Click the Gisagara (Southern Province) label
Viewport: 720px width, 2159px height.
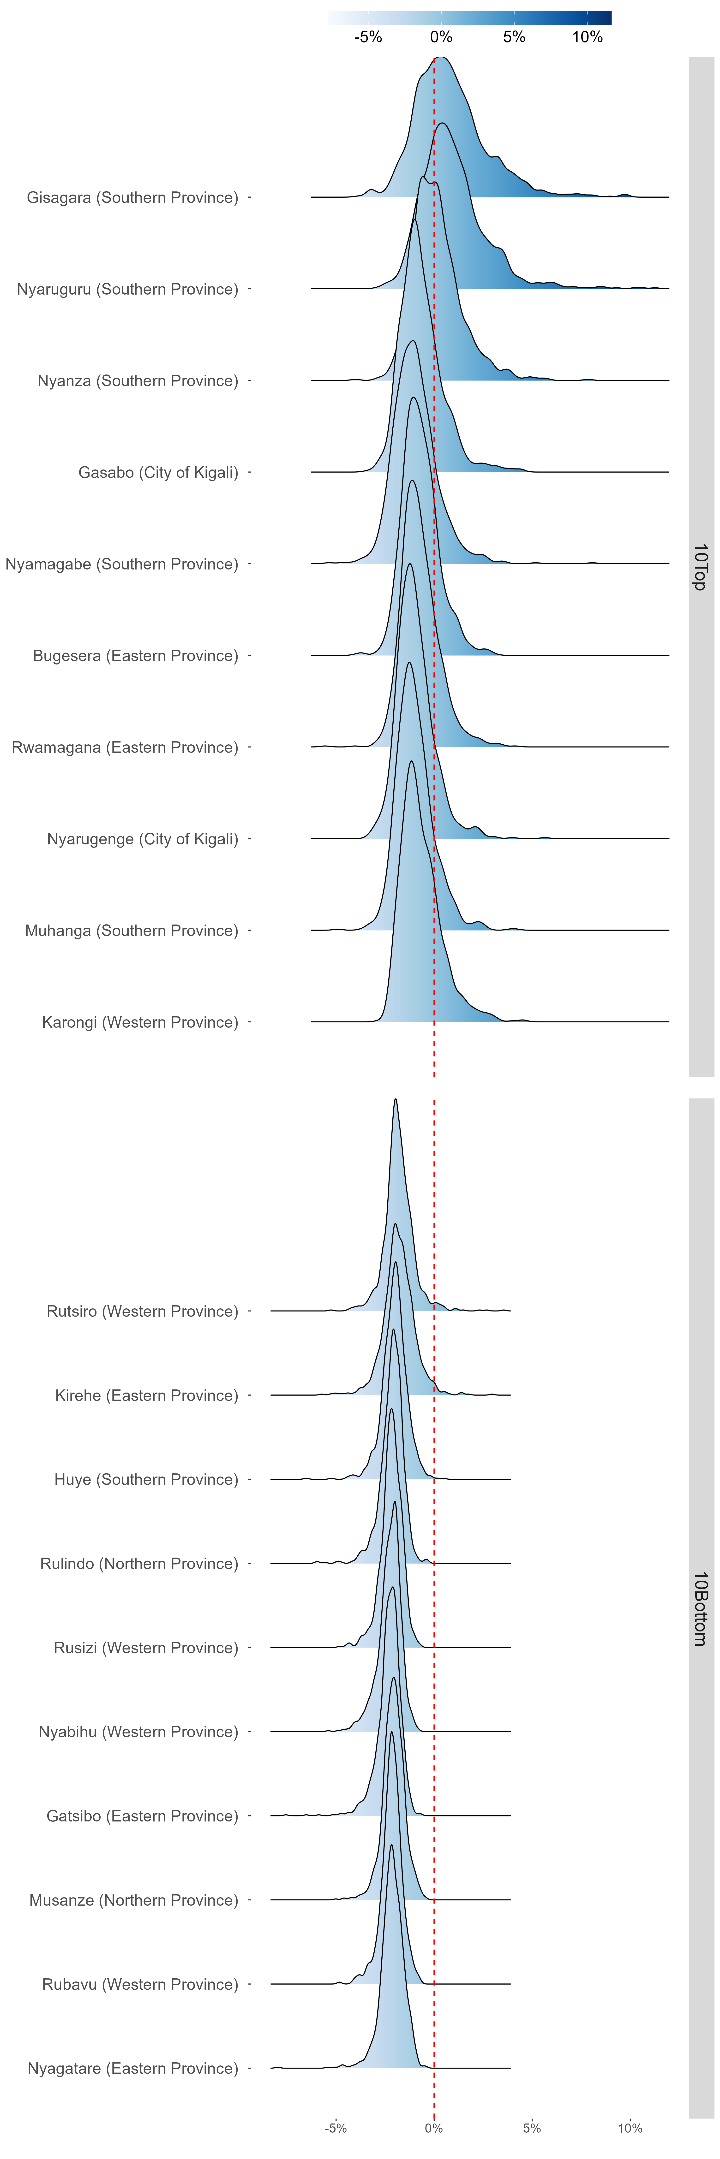[132, 198]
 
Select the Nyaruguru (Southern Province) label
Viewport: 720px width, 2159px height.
[127, 289]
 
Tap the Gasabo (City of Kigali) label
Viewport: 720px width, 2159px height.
[158, 473]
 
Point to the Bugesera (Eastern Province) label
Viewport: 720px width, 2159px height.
[136, 655]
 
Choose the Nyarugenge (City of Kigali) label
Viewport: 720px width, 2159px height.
[143, 839]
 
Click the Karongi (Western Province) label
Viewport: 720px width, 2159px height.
[140, 1022]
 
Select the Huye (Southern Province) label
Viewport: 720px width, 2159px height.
[146, 1479]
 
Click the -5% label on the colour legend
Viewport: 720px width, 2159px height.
[368, 37]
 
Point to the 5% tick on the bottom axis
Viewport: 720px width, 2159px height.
[531, 2128]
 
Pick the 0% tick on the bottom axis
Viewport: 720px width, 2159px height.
[433, 2128]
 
